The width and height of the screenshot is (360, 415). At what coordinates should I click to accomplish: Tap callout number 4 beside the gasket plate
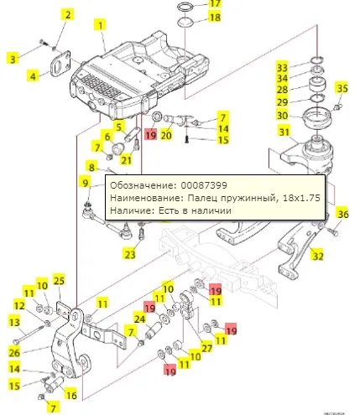point(33,75)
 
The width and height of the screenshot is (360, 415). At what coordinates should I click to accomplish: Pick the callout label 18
point(215,17)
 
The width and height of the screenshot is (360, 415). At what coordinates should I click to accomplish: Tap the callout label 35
point(342,89)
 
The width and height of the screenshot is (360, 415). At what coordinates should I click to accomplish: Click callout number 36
point(342,215)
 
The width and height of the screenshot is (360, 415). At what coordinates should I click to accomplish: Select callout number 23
point(129,254)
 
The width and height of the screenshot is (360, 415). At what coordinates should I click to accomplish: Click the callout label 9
point(86,181)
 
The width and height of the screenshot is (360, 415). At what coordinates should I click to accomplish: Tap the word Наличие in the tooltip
point(131,212)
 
